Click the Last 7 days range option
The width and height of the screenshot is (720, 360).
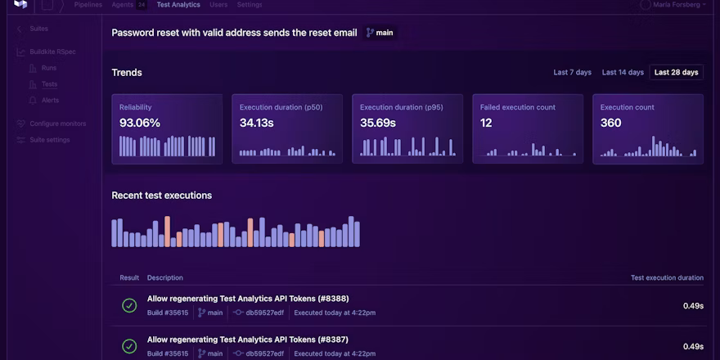click(x=572, y=72)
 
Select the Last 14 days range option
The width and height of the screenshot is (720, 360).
click(x=623, y=72)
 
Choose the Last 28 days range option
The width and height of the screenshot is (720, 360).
click(x=676, y=72)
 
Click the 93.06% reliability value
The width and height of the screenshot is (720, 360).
click(x=140, y=123)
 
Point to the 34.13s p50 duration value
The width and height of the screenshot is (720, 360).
click(x=257, y=123)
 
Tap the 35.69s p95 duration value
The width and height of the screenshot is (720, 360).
click(x=377, y=123)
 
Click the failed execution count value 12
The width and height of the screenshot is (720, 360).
click(x=486, y=123)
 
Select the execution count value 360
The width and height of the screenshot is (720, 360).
click(x=610, y=123)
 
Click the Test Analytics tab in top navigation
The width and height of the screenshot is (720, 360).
click(x=178, y=5)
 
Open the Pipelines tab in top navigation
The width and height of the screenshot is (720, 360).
click(x=88, y=5)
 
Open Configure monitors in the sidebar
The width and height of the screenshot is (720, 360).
click(x=57, y=124)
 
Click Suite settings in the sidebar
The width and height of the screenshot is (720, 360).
click(x=49, y=140)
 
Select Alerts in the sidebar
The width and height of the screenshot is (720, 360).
click(x=50, y=100)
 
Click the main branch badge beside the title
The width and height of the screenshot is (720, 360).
click(x=380, y=33)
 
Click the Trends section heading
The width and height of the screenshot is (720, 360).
click(x=127, y=72)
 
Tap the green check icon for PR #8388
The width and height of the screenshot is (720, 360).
click(x=129, y=305)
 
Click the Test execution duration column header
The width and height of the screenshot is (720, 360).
click(x=667, y=277)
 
